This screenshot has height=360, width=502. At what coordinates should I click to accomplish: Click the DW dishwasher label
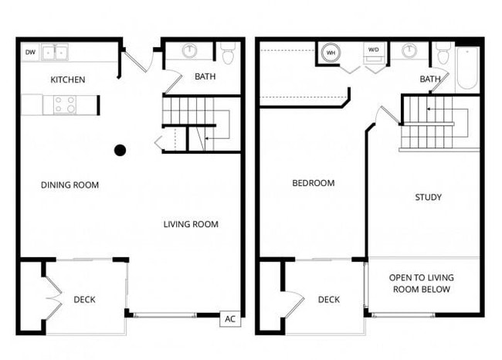(x=30, y=53)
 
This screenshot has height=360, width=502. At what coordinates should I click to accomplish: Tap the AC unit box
(x=230, y=319)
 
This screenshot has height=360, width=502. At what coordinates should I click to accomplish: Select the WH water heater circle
(x=331, y=53)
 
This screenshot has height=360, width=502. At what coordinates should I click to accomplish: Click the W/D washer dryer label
(x=374, y=50)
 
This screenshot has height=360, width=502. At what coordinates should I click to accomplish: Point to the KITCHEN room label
(x=67, y=80)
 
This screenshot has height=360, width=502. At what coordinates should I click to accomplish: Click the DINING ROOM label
(x=70, y=185)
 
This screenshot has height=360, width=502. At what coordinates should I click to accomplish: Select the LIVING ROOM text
(x=191, y=225)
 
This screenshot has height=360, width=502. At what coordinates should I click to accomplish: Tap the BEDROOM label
(x=313, y=183)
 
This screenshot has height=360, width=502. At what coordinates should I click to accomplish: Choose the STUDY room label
(x=428, y=197)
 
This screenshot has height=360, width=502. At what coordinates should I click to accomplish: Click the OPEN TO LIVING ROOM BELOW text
(x=421, y=284)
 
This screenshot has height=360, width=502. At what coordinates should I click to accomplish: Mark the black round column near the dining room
(x=120, y=150)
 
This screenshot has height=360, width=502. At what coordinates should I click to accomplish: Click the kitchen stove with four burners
(x=65, y=104)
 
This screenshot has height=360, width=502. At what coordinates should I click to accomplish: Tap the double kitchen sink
(x=55, y=53)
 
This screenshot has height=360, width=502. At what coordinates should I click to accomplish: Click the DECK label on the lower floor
(x=85, y=300)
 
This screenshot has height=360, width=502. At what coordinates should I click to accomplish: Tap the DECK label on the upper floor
(x=329, y=300)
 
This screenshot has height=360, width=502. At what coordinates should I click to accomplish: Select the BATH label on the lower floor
(x=205, y=76)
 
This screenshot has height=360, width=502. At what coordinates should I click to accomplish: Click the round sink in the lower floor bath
(x=190, y=52)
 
